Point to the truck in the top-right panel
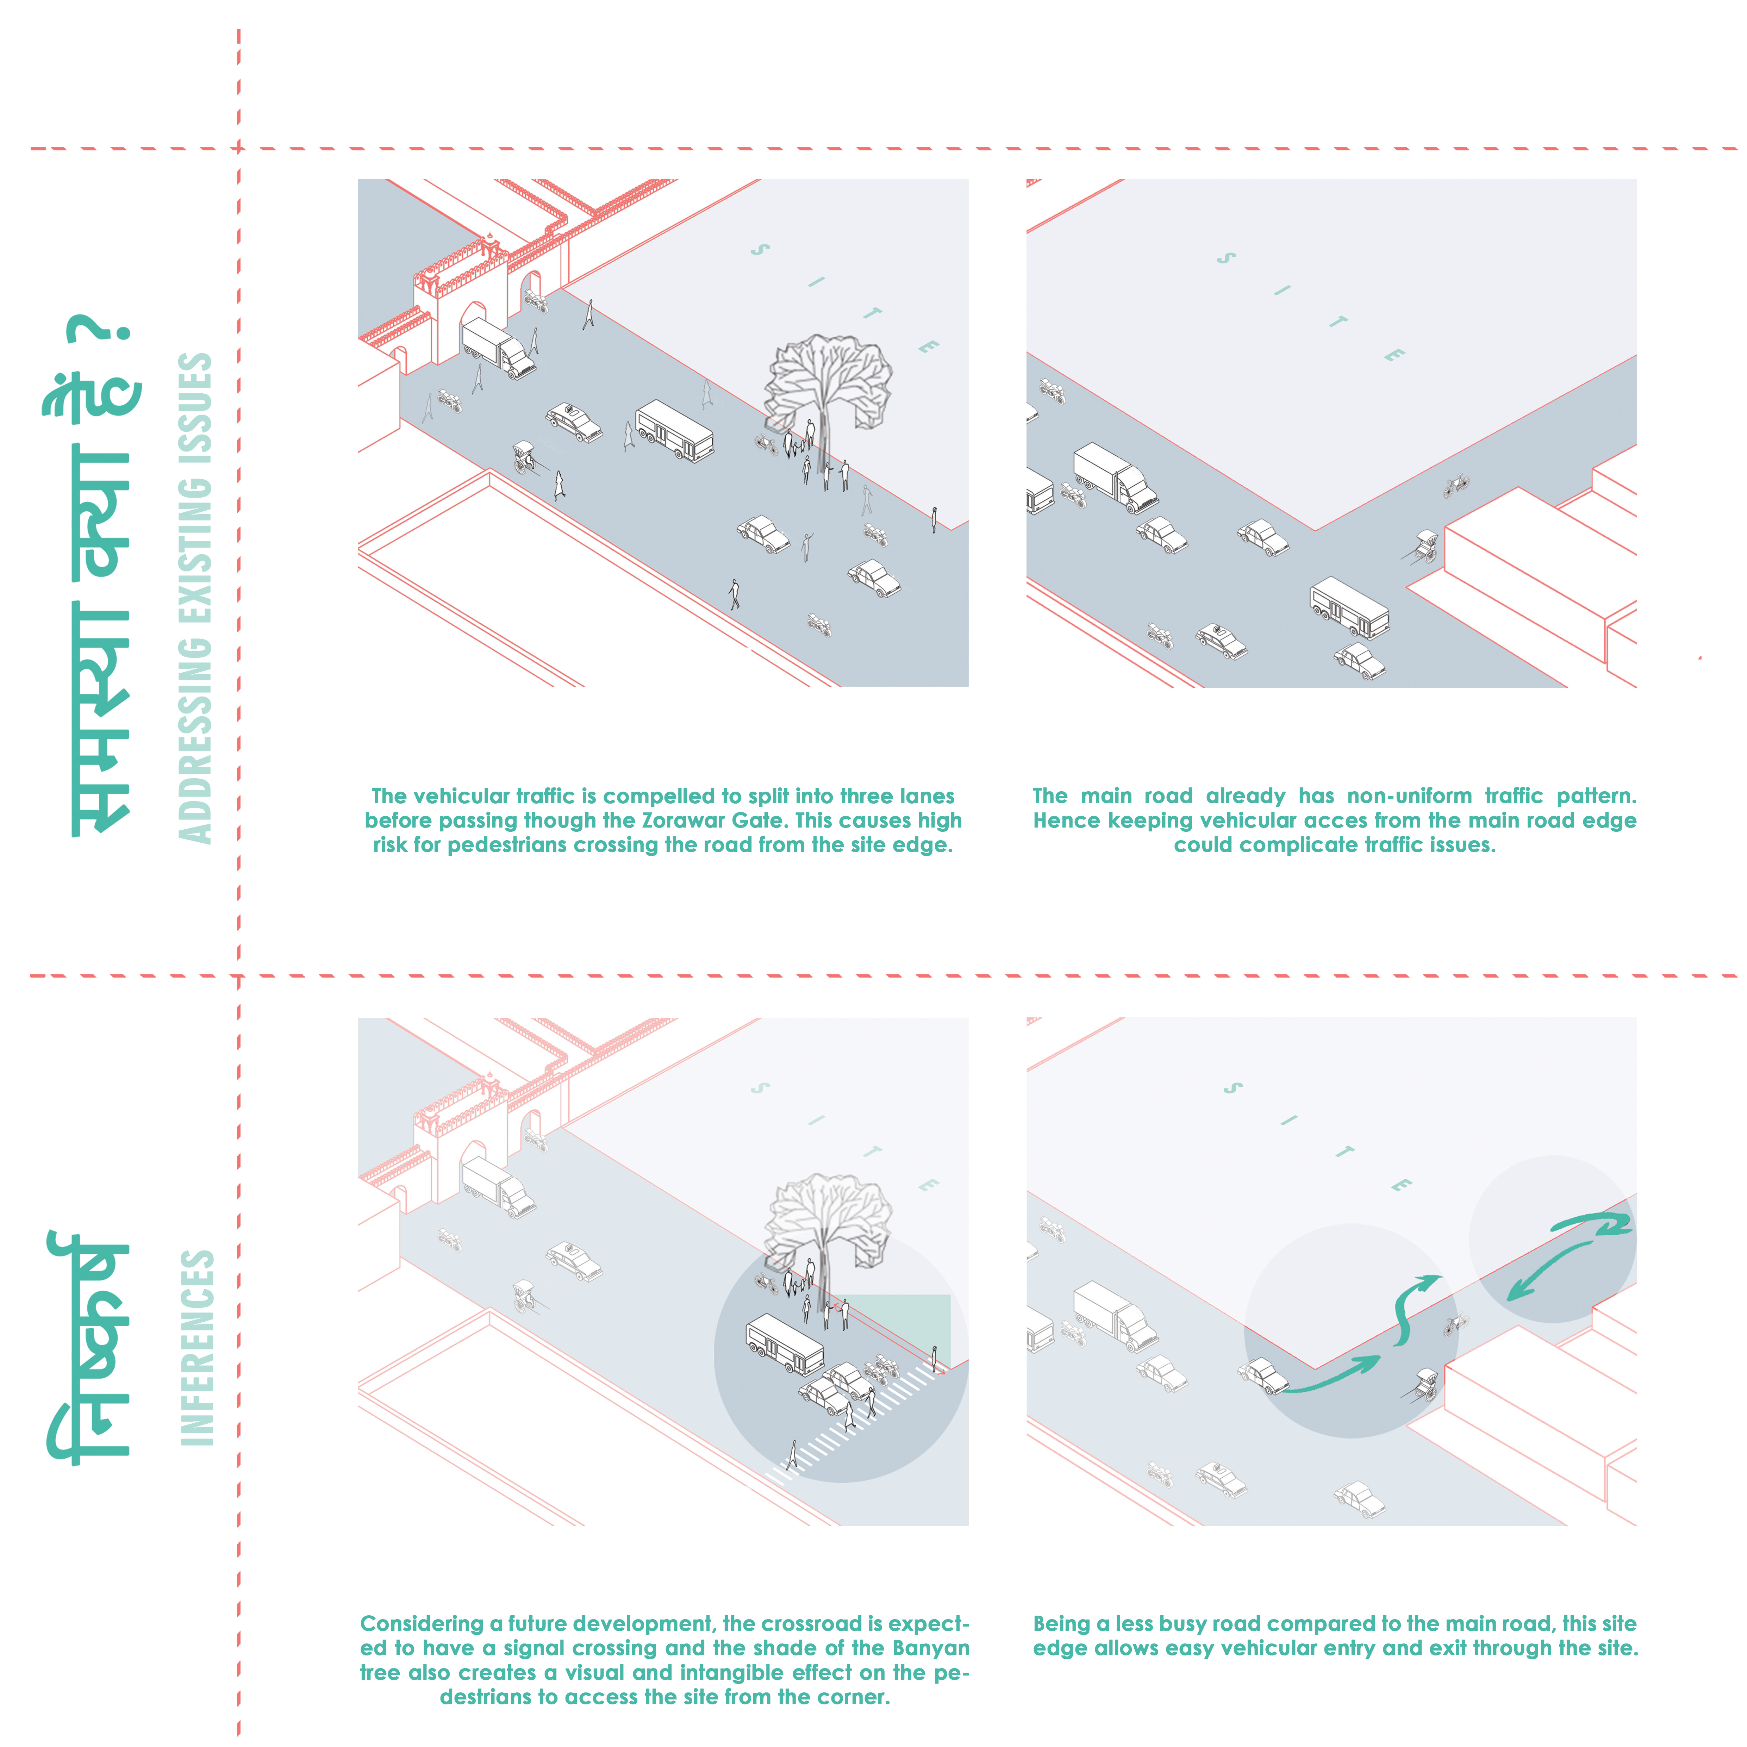click(1115, 476)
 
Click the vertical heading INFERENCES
click(197, 1347)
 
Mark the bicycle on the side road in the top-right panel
click(1456, 486)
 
